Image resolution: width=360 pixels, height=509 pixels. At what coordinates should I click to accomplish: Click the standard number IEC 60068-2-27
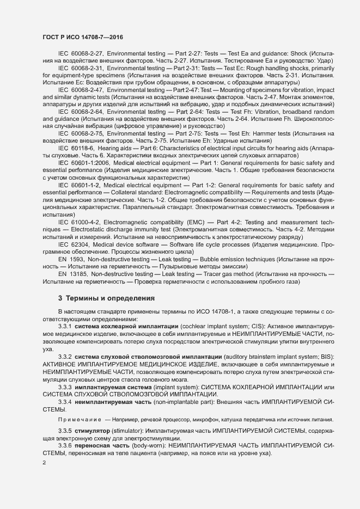[x=81, y=54]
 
